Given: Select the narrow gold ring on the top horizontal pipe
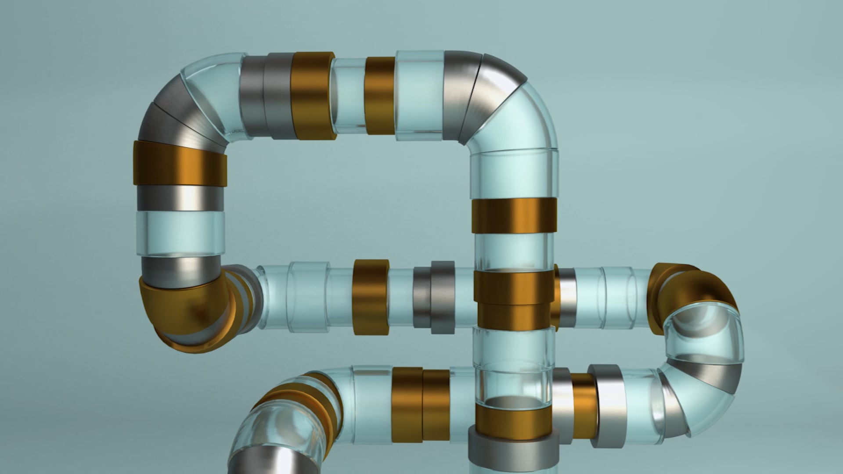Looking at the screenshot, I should tap(380, 96).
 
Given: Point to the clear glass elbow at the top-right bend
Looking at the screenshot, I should tap(527, 118).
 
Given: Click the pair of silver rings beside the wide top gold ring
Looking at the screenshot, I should tap(265, 96).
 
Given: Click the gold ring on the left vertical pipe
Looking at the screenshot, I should tap(180, 164).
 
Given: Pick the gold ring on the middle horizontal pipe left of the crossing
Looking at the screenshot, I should tap(371, 296).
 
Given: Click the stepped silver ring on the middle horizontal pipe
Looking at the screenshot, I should tap(435, 296).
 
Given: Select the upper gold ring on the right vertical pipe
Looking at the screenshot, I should tap(515, 215).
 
